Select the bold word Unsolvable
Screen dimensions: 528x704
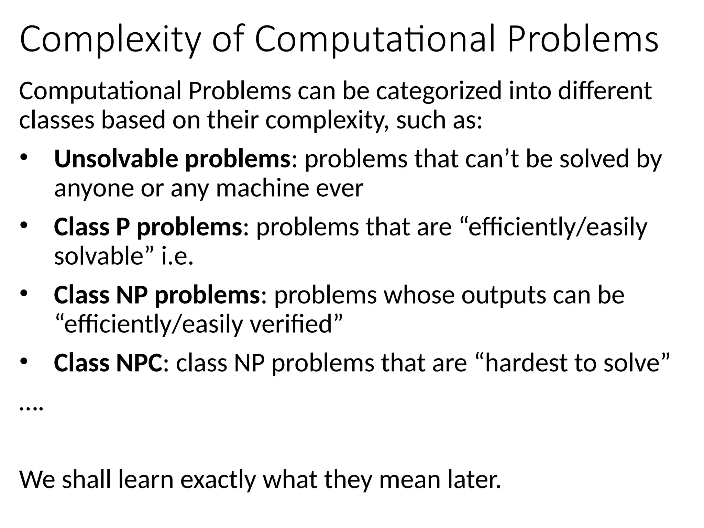(116, 159)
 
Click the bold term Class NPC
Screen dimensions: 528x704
(108, 363)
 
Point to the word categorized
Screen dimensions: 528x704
(439, 91)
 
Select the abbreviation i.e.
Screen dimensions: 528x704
(177, 256)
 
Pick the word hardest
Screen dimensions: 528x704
(526, 363)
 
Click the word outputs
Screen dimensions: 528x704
(504, 295)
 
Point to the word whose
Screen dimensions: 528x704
(419, 295)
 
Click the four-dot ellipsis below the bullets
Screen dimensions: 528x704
(31, 408)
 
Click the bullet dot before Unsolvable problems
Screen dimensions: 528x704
(23, 157)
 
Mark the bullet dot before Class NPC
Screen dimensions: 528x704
(23, 362)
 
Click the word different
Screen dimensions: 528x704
(605, 91)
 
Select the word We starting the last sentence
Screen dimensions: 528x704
(37, 480)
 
